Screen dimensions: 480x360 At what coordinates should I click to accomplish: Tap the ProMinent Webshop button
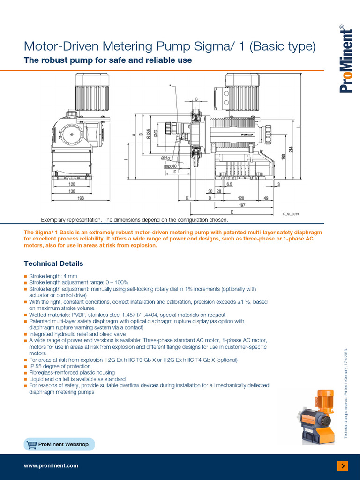59,444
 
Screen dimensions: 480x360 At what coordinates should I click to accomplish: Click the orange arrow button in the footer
343,465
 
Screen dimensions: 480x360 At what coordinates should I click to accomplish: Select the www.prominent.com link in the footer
51,465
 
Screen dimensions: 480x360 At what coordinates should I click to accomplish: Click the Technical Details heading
53,263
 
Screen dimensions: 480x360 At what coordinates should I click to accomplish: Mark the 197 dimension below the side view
241,205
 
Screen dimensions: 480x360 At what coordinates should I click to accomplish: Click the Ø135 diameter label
149,134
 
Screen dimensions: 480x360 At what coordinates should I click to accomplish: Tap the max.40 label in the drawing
170,166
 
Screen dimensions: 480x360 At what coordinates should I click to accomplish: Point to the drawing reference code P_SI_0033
291,214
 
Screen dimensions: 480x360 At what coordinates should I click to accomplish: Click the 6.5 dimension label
229,185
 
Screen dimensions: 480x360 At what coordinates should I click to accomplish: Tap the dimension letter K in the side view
187,198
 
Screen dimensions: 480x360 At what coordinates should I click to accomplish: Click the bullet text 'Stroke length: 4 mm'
53,277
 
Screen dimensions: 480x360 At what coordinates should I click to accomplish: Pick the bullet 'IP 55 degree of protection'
60,366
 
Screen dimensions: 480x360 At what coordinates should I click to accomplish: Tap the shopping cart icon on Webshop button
32,444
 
